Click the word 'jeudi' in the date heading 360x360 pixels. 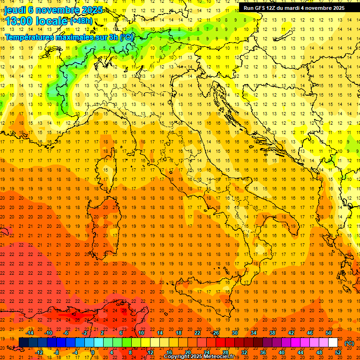[15, 10]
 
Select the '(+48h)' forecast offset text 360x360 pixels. [81, 21]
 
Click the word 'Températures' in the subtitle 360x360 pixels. [29, 37]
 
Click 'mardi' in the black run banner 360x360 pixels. [296, 8]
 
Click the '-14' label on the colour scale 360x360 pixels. [31, 333]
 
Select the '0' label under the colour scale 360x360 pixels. [93, 352]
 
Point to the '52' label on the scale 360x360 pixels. [338, 352]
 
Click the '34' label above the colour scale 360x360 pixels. [254, 333]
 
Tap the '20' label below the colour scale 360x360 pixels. [187, 352]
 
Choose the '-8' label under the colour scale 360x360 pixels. [57, 352]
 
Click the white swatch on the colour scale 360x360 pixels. [333, 343]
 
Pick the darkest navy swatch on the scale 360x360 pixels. [23, 343]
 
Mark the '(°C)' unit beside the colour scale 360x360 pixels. [349, 343]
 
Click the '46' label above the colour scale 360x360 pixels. [310, 333]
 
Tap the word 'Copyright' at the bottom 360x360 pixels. [177, 357]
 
